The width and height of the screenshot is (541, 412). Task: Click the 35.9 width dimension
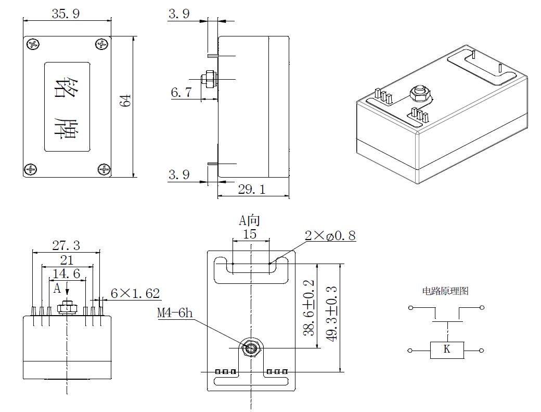pos(66,14)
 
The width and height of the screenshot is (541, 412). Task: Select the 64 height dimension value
pos(126,101)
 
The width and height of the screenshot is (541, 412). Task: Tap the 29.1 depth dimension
pos(251,190)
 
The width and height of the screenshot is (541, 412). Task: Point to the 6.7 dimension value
pos(182,93)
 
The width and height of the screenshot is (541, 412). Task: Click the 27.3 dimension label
pos(66,245)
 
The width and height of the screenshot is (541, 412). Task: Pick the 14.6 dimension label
pos(67,274)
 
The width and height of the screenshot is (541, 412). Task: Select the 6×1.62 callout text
pos(135,294)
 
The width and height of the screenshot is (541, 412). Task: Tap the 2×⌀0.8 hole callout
pos(330,235)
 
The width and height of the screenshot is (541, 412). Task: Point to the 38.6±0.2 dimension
pos(309,307)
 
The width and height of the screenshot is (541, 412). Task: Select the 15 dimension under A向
pos(250,234)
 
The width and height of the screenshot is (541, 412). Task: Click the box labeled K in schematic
pos(446,350)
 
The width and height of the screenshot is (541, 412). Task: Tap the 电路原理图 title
pos(445,291)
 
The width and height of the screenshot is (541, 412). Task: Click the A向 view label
pos(249,220)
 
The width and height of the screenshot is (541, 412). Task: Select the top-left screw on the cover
pos(34,45)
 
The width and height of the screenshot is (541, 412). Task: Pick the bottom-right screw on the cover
pos(104,169)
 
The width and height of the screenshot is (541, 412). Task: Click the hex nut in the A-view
pos(251,348)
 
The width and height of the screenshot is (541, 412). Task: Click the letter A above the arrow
pos(57,288)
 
